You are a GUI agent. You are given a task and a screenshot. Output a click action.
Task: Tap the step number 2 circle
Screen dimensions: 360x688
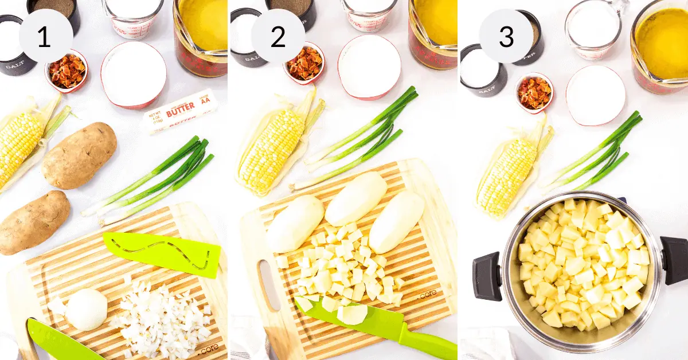coord(277,36)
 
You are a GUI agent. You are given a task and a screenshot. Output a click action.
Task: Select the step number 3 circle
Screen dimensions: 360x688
coord(506,36)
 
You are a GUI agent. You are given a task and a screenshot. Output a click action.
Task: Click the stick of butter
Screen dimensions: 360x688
coord(179,111)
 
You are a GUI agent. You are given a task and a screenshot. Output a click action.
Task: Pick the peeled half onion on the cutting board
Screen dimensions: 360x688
coord(86,309)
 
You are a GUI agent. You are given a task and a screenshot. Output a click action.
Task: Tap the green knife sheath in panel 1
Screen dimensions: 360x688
coord(163,253)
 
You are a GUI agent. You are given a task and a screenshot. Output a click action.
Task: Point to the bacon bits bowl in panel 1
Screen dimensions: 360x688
coord(67,71)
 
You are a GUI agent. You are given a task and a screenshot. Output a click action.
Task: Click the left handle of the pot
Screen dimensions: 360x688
coord(487,275)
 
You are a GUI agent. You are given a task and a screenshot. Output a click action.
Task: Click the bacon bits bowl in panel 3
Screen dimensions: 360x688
coord(534,92)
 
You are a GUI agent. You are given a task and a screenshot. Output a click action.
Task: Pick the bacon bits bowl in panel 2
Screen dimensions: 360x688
coord(304,63)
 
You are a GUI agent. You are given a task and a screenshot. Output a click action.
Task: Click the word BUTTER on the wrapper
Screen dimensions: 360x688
coord(181,109)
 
